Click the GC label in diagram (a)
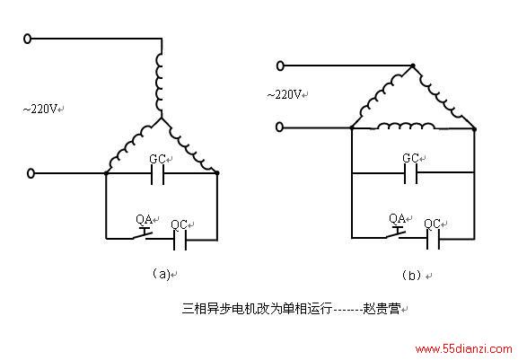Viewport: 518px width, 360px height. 157,159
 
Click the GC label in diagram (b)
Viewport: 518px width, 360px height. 410,158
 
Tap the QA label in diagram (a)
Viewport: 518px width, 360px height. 144,219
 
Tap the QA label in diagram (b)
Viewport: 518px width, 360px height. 397,218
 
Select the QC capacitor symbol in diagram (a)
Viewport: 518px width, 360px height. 180,240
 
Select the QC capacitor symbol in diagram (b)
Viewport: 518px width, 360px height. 433,239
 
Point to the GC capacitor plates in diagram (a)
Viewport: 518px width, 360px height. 157,174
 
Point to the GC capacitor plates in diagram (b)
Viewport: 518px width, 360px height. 410,173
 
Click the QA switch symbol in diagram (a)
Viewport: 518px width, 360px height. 142,233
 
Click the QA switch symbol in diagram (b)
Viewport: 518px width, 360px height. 395,233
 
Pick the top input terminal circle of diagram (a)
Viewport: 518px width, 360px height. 28,39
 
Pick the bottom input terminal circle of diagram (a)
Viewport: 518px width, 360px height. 31,173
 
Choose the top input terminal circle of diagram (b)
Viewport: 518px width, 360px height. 280,66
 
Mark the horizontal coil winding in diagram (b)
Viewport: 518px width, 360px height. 406,126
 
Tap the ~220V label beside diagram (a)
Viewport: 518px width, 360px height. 40,109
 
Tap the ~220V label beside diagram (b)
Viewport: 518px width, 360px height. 284,95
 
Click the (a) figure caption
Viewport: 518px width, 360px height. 162,274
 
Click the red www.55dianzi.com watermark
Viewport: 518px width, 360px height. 463,348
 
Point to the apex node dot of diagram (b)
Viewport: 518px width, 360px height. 412,66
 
